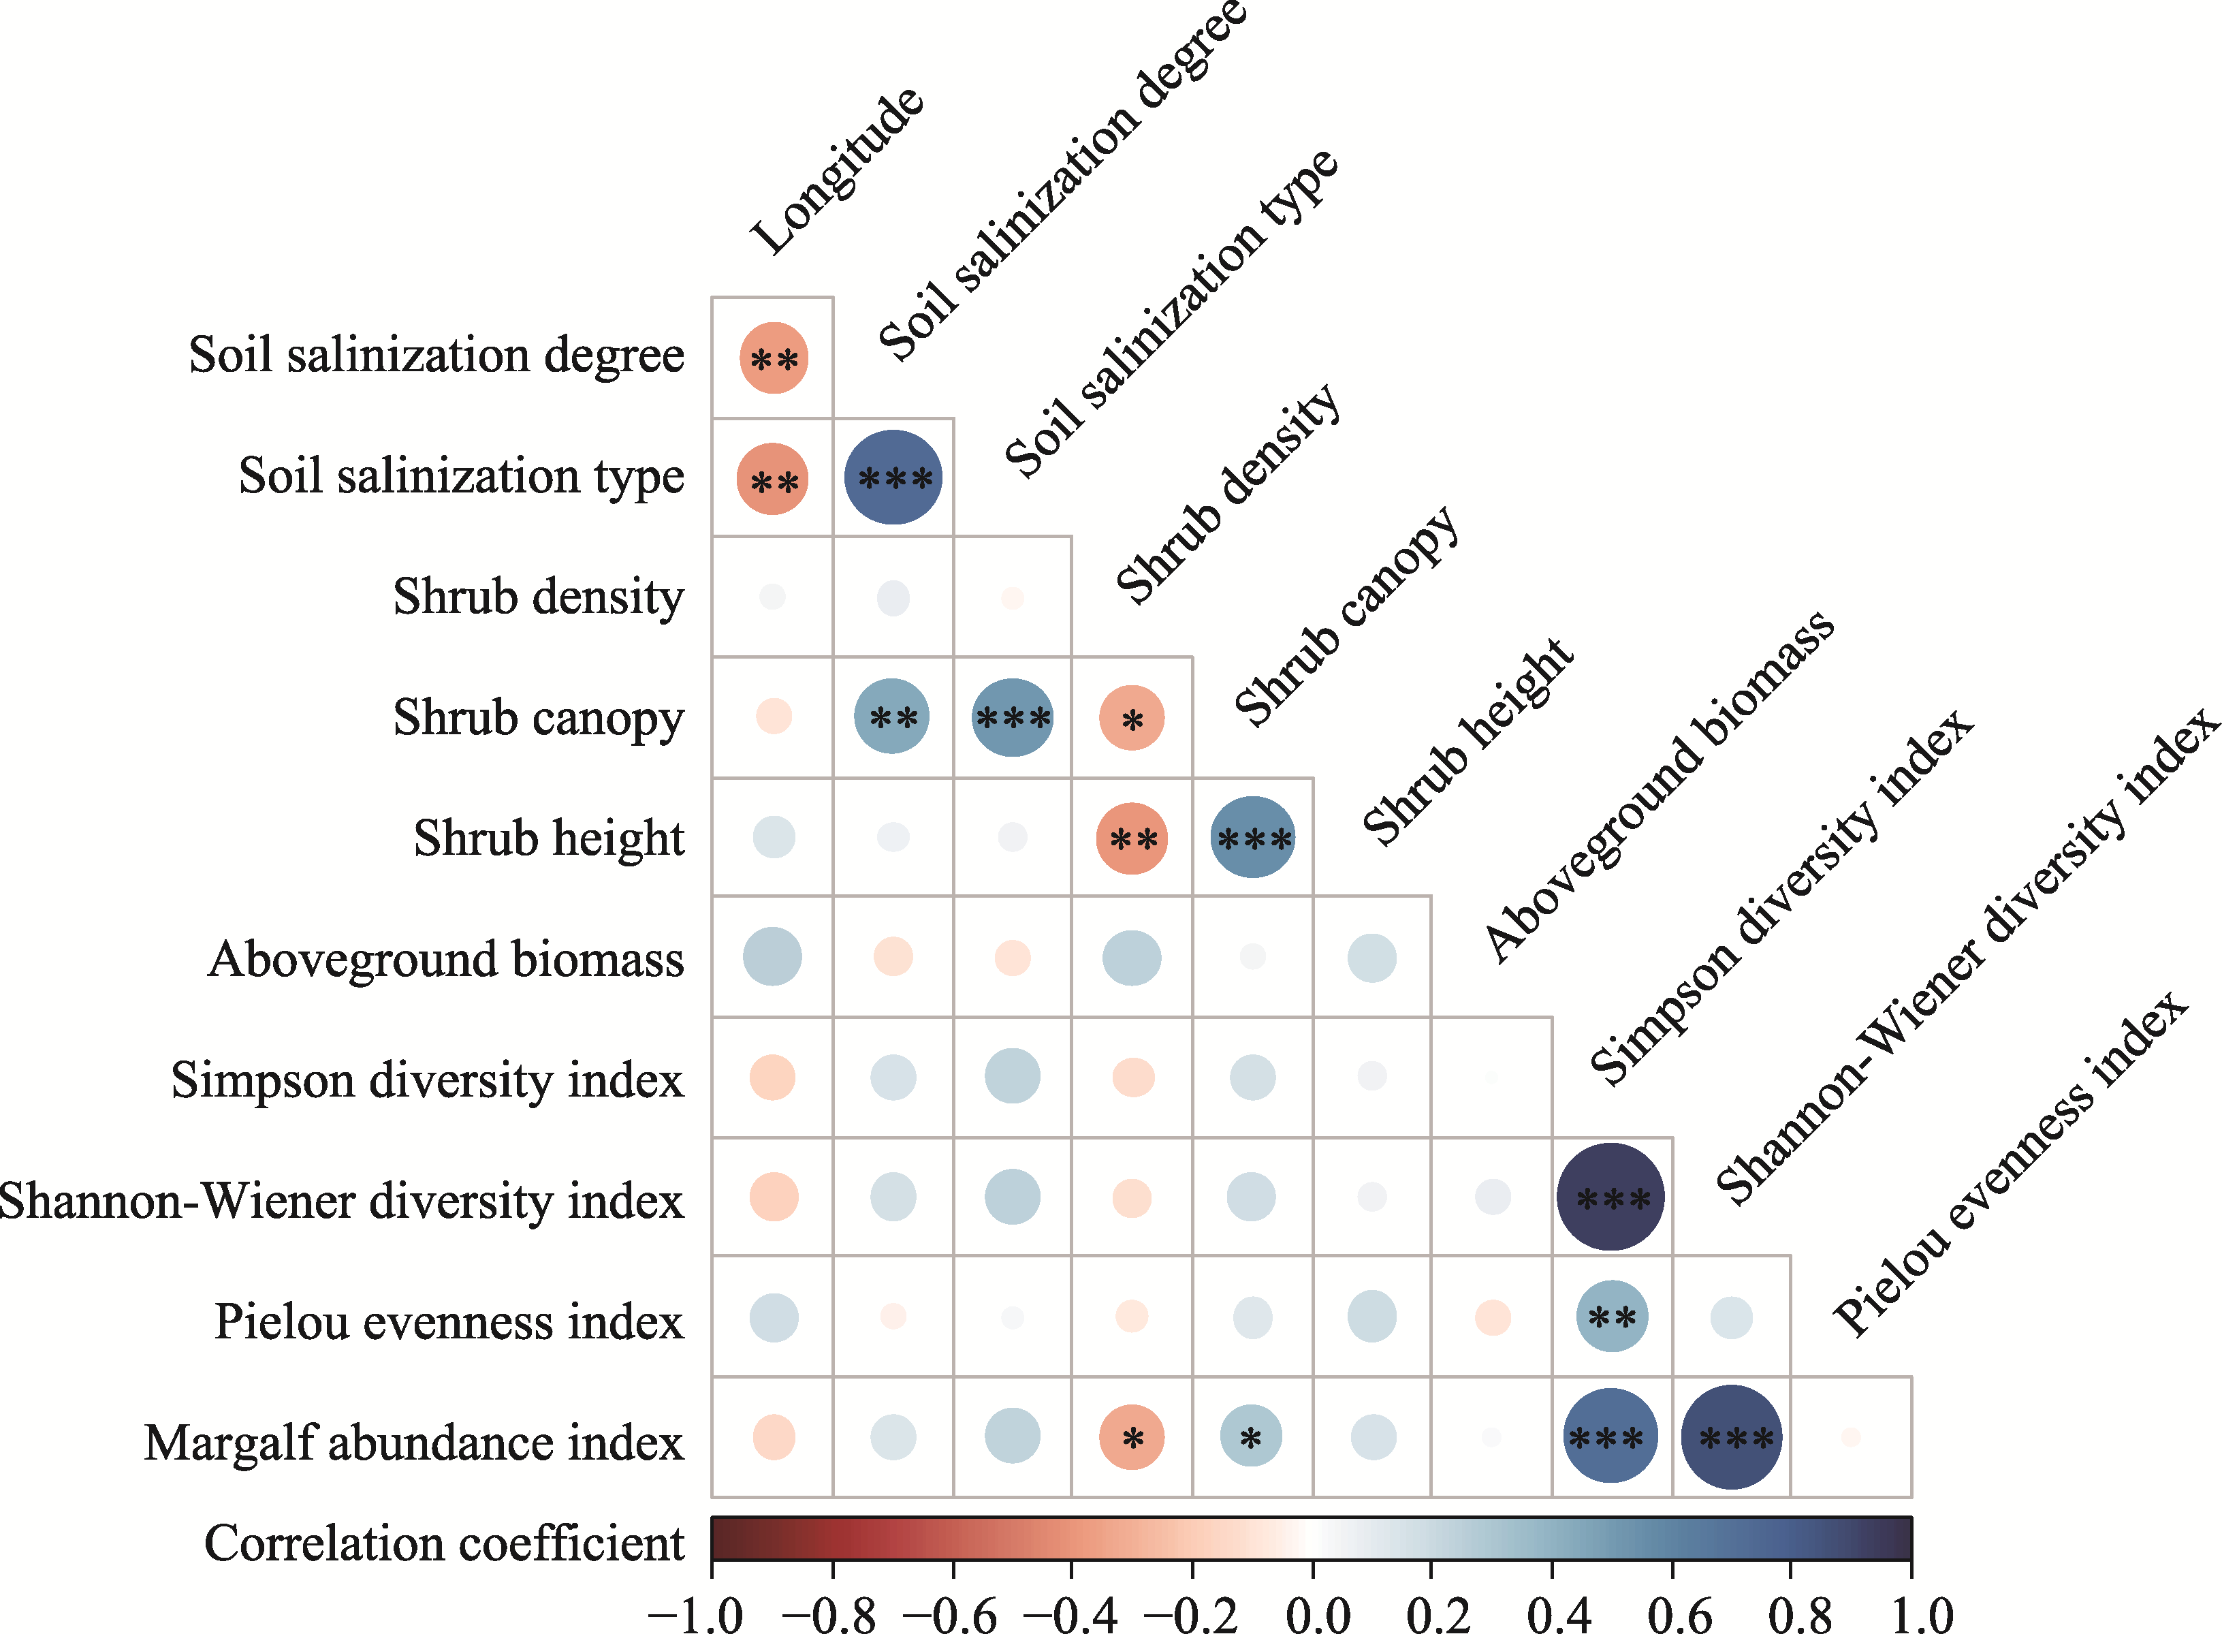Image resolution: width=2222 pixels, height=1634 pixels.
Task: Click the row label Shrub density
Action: click(538, 597)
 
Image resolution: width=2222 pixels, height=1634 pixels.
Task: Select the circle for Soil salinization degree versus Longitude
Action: click(774, 358)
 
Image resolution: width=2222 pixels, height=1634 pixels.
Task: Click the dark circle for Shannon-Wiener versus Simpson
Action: click(1611, 1197)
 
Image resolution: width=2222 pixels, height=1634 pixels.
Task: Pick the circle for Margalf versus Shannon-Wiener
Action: click(1732, 1437)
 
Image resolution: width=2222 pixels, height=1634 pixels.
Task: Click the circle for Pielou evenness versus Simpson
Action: click(1612, 1317)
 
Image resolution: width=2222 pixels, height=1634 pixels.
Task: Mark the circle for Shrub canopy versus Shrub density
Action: click(1132, 718)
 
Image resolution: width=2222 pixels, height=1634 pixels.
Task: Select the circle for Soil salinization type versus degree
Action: click(893, 477)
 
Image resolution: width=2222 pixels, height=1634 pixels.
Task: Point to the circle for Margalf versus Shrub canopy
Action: click(1251, 1436)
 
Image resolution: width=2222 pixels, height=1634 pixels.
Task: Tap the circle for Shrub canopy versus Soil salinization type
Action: click(1013, 718)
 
